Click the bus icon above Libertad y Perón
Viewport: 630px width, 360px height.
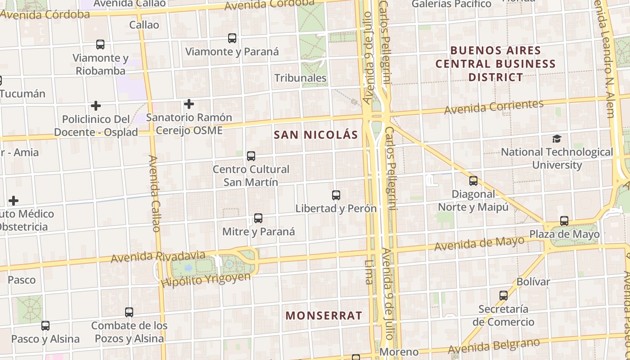(x=336, y=195)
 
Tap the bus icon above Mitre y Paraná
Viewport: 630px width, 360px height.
(x=258, y=218)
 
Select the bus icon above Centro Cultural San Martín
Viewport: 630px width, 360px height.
(x=251, y=156)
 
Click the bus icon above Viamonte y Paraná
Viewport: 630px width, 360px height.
(x=232, y=38)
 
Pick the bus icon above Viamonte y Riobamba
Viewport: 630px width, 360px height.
(x=100, y=45)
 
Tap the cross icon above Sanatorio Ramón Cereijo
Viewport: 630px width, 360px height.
(x=189, y=104)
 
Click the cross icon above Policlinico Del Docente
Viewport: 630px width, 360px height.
(x=95, y=106)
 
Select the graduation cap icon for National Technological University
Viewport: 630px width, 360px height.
(x=557, y=139)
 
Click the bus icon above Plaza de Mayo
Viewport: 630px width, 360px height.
(x=564, y=221)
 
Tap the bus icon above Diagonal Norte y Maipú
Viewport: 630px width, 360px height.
(x=473, y=181)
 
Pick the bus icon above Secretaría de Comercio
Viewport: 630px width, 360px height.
(x=504, y=296)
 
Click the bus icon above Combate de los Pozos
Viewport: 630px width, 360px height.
(x=129, y=312)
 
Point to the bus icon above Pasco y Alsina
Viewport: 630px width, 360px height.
(x=45, y=325)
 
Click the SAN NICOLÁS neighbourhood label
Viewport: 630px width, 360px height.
(x=316, y=135)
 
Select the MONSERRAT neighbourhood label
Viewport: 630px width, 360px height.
(x=324, y=315)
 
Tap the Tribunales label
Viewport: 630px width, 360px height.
(x=301, y=78)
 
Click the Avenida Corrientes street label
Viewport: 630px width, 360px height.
(x=494, y=107)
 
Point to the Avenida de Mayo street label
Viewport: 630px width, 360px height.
(x=479, y=243)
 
